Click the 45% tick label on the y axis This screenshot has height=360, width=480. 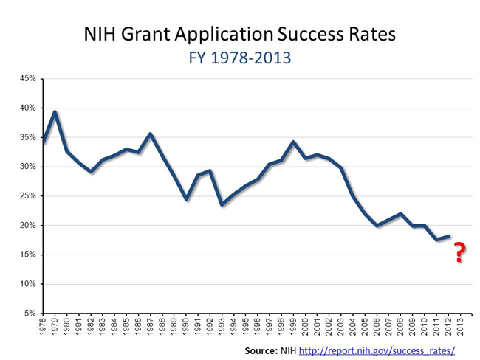(x=28, y=79)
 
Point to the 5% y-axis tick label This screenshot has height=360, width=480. (x=30, y=314)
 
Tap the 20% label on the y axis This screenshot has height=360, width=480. (x=28, y=225)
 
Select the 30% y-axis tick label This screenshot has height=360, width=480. (x=28, y=167)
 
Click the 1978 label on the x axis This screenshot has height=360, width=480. (x=44, y=328)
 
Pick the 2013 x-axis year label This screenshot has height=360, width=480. (x=462, y=328)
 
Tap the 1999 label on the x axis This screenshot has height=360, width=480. (x=294, y=328)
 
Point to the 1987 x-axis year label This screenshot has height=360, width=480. (x=151, y=328)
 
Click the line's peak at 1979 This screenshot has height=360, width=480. (x=55, y=112)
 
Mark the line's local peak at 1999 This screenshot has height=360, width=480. (x=294, y=142)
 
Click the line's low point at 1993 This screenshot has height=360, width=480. (x=222, y=204)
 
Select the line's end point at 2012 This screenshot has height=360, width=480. (x=449, y=236)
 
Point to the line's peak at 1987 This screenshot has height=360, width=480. (x=151, y=134)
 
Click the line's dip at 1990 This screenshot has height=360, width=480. (x=187, y=199)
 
